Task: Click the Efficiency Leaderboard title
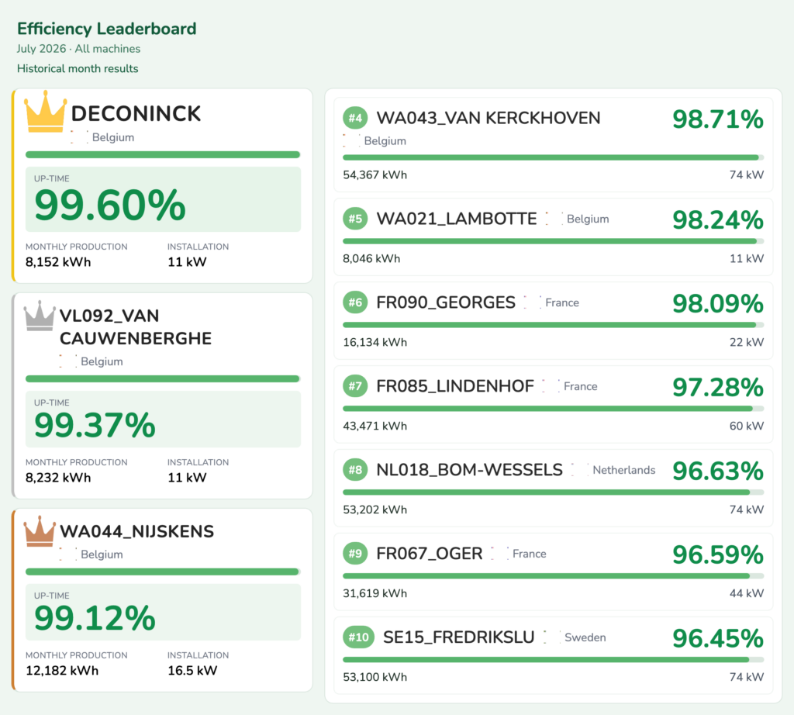(107, 29)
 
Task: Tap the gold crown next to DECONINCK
(46, 112)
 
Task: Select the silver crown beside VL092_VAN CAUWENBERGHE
(40, 316)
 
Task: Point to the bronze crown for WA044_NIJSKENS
(40, 532)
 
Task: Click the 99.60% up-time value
(110, 205)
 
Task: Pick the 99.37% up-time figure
(95, 425)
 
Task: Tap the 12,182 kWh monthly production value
(62, 671)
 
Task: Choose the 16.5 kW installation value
(192, 671)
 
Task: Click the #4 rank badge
(355, 119)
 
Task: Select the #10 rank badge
(358, 637)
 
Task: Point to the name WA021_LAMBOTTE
(457, 219)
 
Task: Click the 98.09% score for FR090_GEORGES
(718, 304)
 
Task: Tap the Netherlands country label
(624, 470)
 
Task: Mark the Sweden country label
(585, 637)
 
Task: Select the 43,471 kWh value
(375, 426)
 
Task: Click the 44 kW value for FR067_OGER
(747, 593)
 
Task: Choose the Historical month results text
(78, 69)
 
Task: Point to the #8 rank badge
(355, 470)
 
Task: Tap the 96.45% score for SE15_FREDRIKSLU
(718, 638)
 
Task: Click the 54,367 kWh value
(375, 175)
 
